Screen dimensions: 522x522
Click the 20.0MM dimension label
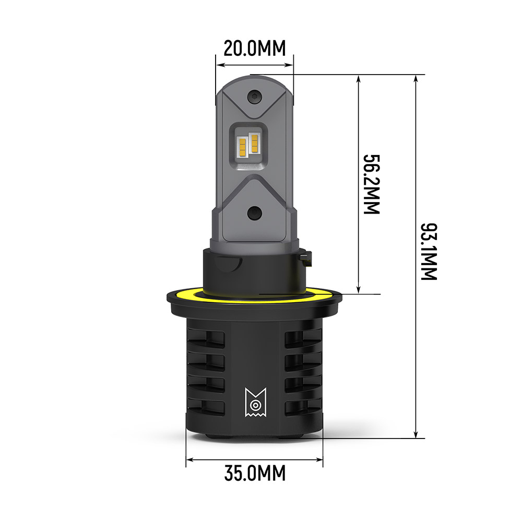point(254,48)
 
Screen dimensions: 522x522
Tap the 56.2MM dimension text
point(371,184)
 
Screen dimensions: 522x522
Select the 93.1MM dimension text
point(429,252)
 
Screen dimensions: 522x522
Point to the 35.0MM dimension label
point(255,473)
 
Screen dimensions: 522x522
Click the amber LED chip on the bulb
point(248,144)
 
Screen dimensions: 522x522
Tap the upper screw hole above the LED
point(255,97)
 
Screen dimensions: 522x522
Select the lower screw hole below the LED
point(254,212)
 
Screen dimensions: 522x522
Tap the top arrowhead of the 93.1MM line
point(416,78)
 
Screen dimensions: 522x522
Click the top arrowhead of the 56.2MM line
point(358,78)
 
